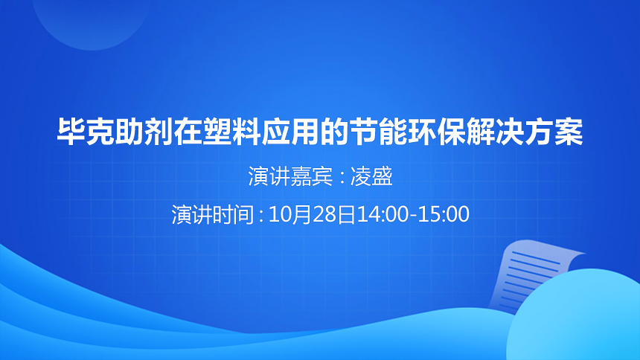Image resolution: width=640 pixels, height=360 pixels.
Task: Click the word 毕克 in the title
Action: [86, 132]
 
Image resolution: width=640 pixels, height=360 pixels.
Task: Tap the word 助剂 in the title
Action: [144, 132]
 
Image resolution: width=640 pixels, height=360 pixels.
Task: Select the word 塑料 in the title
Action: [232, 132]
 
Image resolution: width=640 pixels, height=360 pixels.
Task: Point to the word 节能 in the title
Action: [378, 132]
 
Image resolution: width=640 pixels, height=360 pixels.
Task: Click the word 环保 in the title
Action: [437, 132]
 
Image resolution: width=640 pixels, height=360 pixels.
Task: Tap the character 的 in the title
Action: [335, 132]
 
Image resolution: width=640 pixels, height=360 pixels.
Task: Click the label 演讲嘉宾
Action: [290, 176]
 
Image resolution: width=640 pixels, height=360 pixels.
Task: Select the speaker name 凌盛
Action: [371, 176]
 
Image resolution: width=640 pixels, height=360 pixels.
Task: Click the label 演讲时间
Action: [214, 214]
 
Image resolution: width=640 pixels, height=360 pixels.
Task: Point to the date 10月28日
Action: [313, 214]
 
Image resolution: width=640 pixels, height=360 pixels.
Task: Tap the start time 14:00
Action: [383, 214]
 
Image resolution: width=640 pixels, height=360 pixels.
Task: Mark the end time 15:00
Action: [444, 214]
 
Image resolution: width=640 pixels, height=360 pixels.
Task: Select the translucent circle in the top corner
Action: [92, 20]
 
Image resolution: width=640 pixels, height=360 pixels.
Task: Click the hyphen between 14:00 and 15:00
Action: [413, 216]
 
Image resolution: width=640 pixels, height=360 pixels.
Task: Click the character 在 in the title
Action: [188, 132]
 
